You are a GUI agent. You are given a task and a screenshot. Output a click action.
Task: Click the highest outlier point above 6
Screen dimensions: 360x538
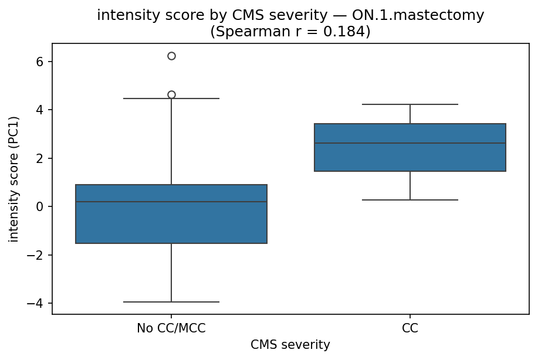(x=171, y=56)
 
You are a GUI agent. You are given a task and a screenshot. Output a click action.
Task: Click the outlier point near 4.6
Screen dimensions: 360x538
(x=171, y=94)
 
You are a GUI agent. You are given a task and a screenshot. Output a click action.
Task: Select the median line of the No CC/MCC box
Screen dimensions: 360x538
(x=171, y=202)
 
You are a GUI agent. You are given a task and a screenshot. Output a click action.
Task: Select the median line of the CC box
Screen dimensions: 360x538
(x=410, y=143)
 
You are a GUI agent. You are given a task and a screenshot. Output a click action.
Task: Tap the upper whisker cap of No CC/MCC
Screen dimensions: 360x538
(x=171, y=99)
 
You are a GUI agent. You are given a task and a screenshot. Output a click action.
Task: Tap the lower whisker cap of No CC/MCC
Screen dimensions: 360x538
(x=171, y=302)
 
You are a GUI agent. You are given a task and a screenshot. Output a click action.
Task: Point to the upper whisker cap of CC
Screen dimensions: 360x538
(x=410, y=104)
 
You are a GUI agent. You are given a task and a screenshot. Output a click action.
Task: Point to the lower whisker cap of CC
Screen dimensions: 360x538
(x=410, y=200)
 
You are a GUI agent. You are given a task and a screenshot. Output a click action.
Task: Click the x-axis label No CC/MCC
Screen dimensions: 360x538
(x=171, y=328)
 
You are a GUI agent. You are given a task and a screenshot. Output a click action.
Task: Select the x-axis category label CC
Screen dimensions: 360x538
(x=410, y=328)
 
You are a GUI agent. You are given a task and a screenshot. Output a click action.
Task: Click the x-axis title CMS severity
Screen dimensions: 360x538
(x=290, y=345)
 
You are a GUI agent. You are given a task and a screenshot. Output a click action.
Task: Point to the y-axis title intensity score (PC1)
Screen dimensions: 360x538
(x=13, y=179)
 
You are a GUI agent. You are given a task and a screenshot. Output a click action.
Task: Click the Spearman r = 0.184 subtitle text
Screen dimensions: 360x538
(x=290, y=31)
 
